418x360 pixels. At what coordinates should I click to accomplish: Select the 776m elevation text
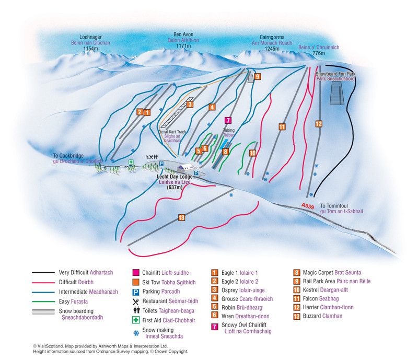(x=319, y=53)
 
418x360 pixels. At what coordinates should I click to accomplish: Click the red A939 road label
(x=308, y=207)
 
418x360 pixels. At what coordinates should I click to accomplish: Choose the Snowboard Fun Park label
(x=335, y=75)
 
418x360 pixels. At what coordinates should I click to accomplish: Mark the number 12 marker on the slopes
(x=319, y=124)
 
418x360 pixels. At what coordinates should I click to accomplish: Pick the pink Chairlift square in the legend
(x=135, y=273)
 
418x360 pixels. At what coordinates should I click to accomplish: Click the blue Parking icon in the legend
(x=135, y=292)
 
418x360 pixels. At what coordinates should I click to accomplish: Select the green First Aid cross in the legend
(x=135, y=319)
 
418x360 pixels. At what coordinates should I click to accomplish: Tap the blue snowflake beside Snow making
(x=135, y=331)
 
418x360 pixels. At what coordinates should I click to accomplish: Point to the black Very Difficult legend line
(x=44, y=273)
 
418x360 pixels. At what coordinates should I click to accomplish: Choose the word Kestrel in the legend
(x=319, y=289)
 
